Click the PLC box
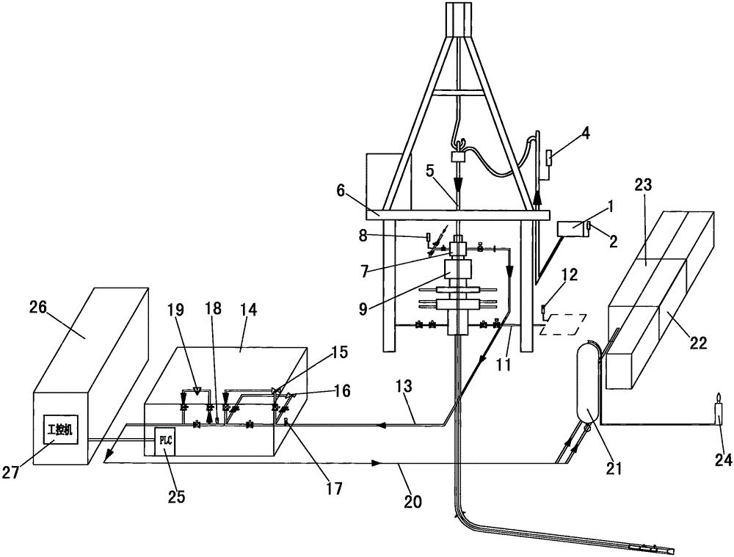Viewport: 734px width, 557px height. pos(164,441)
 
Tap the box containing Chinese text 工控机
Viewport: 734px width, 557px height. pos(59,429)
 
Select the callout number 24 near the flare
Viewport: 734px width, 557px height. pos(723,461)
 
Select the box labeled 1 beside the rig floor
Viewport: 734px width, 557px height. pos(573,228)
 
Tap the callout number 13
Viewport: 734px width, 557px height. pos(404,387)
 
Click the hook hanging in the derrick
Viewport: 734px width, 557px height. pos(457,142)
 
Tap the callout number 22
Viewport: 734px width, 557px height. pos(697,344)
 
